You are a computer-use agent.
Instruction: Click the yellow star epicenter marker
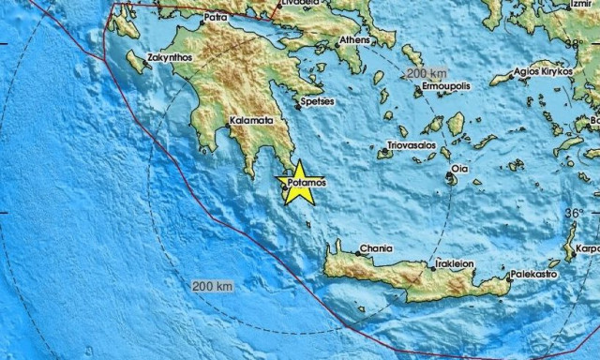(297, 183)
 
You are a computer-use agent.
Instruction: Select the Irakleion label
(455, 264)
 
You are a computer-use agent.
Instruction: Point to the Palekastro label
(534, 276)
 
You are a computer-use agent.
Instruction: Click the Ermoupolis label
(444, 85)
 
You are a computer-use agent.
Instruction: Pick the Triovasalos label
(413, 146)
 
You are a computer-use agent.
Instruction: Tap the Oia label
(459, 169)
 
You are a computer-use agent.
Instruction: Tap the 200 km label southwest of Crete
(210, 285)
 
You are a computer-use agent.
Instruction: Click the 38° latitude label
(573, 43)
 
